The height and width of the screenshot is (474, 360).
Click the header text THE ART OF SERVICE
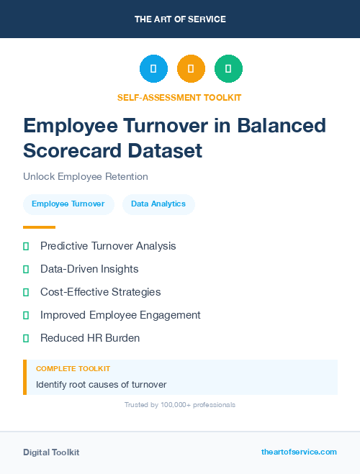(x=180, y=19)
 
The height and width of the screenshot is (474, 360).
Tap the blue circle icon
(x=153, y=69)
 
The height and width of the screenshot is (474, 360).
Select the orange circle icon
(x=191, y=69)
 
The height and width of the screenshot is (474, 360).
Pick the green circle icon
(x=228, y=69)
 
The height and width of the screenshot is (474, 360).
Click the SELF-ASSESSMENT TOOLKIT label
(x=180, y=97)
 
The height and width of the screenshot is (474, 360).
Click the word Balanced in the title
(x=282, y=125)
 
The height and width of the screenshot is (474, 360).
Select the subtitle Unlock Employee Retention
(x=86, y=176)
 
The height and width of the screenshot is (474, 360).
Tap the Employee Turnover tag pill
(x=68, y=204)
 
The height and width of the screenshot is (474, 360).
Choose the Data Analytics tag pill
(x=158, y=204)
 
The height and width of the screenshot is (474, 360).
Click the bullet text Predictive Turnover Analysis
(x=108, y=246)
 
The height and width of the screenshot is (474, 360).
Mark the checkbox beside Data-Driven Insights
(x=26, y=269)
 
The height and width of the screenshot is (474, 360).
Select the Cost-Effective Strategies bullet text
(x=101, y=292)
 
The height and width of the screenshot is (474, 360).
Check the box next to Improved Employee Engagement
(x=26, y=315)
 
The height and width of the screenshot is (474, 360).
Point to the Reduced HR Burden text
(x=90, y=338)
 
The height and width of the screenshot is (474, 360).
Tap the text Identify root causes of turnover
(x=102, y=384)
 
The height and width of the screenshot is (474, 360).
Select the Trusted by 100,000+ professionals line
(x=180, y=405)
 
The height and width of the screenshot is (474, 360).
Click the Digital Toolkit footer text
(x=51, y=452)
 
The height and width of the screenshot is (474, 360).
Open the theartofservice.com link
(x=299, y=452)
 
